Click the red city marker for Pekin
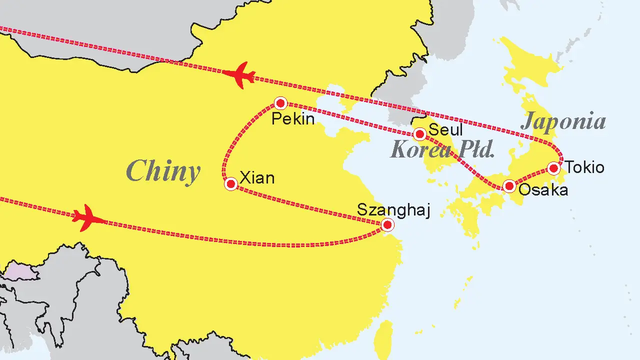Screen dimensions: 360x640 click(x=280, y=103)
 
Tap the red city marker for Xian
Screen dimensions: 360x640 click(x=231, y=184)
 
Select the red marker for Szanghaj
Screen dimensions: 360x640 click(x=387, y=225)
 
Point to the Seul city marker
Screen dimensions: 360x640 click(x=420, y=134)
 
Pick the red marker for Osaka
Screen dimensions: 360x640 click(x=509, y=186)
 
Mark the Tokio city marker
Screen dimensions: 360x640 click(x=553, y=168)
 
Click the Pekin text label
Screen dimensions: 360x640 click(x=293, y=119)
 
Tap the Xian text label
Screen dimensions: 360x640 click(x=257, y=177)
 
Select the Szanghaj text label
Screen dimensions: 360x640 click(x=393, y=210)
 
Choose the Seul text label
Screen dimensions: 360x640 click(x=446, y=130)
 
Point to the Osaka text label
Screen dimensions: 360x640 click(x=543, y=190)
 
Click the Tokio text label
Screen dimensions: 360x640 click(x=584, y=167)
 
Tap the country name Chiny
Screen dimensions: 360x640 click(x=163, y=171)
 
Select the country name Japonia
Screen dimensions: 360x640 click(x=563, y=121)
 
